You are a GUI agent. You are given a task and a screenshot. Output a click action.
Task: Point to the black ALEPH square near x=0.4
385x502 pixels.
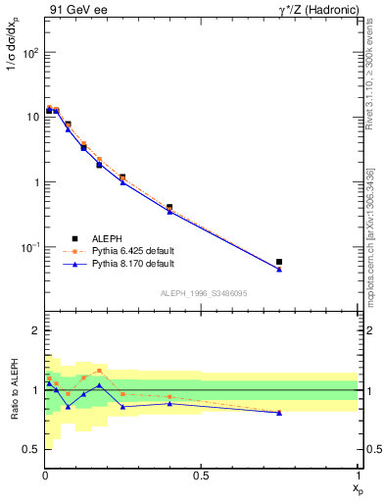pos(169,208)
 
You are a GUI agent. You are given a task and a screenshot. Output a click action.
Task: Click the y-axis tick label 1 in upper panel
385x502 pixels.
pos(34,182)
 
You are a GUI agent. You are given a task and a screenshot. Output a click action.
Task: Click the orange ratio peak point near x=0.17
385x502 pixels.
pos(99,371)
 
